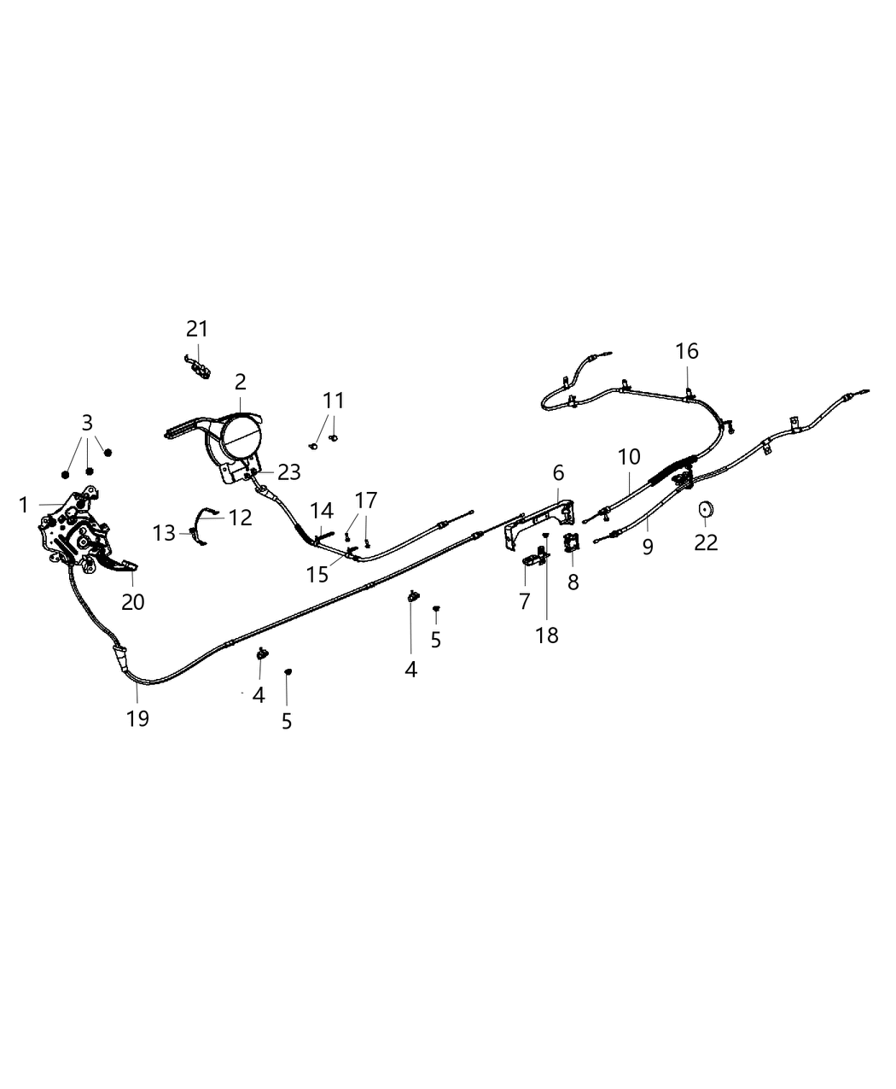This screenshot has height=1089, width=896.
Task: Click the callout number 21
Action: click(x=197, y=329)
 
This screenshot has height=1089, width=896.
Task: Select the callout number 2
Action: click(x=241, y=383)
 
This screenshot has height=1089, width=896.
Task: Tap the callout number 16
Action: click(x=687, y=351)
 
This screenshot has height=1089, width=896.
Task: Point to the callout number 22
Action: click(x=706, y=542)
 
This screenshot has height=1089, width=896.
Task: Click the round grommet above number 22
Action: click(x=707, y=508)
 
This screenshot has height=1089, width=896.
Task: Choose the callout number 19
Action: click(x=137, y=718)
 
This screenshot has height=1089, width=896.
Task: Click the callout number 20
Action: click(x=133, y=602)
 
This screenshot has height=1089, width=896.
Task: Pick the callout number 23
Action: click(x=289, y=472)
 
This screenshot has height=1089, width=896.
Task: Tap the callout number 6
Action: click(x=558, y=473)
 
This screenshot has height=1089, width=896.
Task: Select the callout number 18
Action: click(x=547, y=635)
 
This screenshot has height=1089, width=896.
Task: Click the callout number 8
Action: click(x=573, y=582)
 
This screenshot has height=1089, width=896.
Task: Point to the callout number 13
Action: click(x=164, y=533)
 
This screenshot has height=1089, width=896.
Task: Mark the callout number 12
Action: click(x=241, y=518)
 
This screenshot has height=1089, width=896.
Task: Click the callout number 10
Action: click(x=629, y=457)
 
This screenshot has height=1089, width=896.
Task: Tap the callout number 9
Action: click(x=648, y=547)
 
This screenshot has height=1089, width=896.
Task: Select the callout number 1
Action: click(x=23, y=505)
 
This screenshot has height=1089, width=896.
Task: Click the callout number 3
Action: click(x=87, y=423)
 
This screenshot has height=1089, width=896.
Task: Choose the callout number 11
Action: click(x=334, y=401)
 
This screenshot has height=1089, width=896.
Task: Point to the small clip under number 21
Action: click(x=198, y=367)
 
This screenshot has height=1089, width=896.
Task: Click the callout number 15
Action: click(x=317, y=575)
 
